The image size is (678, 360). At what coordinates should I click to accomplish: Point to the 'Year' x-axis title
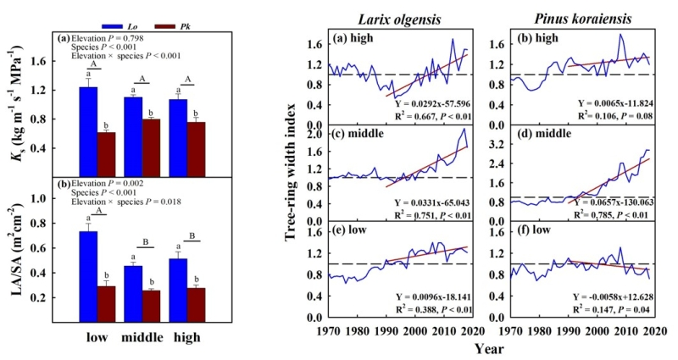486,347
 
